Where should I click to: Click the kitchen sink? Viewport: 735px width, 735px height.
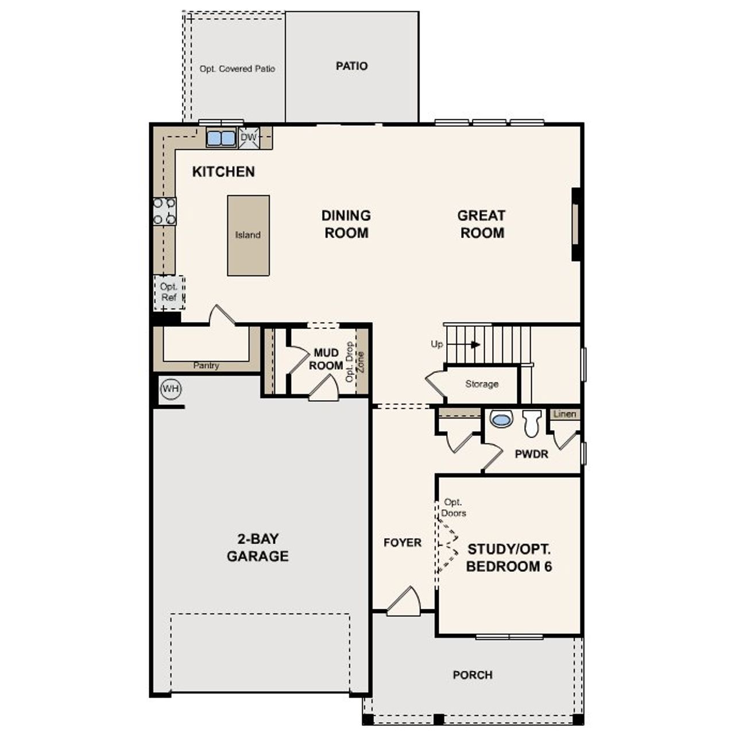click(221, 138)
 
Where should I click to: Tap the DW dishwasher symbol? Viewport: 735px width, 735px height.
click(249, 138)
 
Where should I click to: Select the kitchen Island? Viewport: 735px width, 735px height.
click(248, 235)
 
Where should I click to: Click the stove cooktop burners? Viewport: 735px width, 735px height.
click(164, 211)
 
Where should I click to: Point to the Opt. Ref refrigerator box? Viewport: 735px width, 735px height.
click(169, 292)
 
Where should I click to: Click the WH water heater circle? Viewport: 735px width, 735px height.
click(171, 389)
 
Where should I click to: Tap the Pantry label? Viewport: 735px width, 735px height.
click(206, 366)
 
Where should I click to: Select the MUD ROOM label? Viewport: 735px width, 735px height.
click(326, 359)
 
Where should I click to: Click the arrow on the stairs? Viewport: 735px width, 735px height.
click(474, 345)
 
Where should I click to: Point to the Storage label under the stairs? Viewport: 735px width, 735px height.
click(482, 384)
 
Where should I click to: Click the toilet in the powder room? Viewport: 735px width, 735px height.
click(532, 423)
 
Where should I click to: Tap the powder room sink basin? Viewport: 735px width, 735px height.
click(501, 420)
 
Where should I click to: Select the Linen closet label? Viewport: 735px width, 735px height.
click(565, 414)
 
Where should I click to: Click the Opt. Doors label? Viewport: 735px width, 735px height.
click(454, 508)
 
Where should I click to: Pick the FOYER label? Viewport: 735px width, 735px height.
click(403, 543)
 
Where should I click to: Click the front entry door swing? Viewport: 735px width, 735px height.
click(405, 602)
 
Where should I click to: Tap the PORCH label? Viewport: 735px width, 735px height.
click(473, 675)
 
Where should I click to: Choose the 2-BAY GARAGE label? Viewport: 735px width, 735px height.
click(257, 547)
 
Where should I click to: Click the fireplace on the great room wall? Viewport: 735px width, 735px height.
click(575, 224)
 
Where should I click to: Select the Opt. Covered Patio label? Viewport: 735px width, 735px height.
click(237, 69)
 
